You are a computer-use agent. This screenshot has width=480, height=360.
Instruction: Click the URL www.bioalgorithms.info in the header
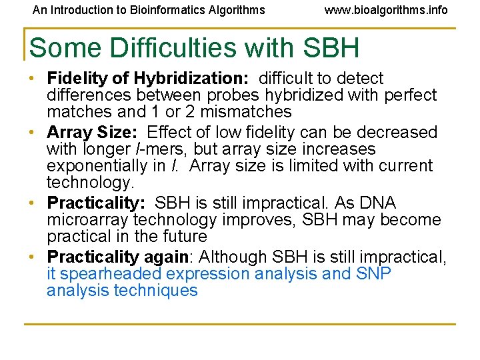coord(386,10)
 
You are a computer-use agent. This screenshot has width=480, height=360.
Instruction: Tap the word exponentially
coord(100,165)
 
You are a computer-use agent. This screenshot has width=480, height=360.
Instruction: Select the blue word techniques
coord(156,291)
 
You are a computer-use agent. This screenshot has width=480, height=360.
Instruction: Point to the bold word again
coord(167,257)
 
